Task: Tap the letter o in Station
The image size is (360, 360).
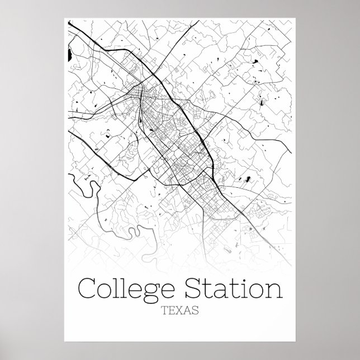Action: coord(259,291)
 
